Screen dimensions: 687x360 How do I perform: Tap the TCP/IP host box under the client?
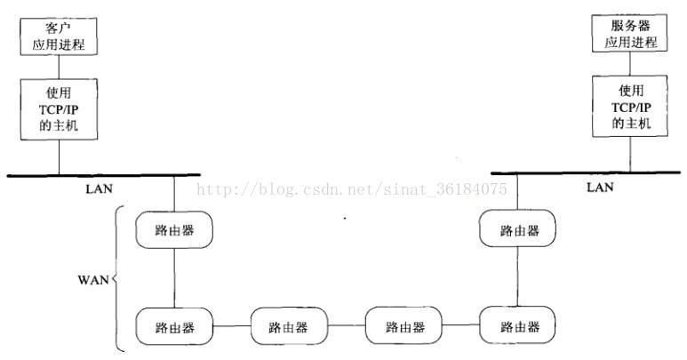[60, 107]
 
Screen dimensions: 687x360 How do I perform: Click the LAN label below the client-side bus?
[100, 188]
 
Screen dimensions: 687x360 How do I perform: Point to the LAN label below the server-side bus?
[600, 188]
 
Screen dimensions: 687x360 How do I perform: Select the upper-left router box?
[174, 229]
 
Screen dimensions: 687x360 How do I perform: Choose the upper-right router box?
[519, 229]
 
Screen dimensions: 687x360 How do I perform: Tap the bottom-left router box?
[174, 326]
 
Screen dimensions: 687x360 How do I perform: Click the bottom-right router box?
[519, 326]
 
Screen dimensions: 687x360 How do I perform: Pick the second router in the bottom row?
[288, 326]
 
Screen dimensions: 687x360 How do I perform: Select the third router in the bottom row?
[404, 326]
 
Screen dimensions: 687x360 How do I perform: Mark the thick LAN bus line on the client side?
[102, 175]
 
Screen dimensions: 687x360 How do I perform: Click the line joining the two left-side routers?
[174, 277]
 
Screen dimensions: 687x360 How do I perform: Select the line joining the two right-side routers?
[519, 277]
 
